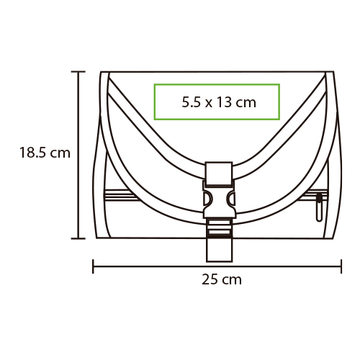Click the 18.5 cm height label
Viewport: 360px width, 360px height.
pos(45,153)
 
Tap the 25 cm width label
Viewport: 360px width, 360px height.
pos(222,279)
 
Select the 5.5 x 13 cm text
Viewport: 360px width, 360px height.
pos(219,102)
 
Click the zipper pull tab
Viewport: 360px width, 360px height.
pos(319,207)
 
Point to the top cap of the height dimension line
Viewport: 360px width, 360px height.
pos(78,71)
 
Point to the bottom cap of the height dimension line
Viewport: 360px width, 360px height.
pos(78,238)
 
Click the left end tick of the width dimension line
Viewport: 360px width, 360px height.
pos(93,266)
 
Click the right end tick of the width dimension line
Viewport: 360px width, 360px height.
pos(341,266)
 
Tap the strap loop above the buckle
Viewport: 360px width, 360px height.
pos(219,174)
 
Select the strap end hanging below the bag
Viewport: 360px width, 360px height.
pos(219,250)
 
